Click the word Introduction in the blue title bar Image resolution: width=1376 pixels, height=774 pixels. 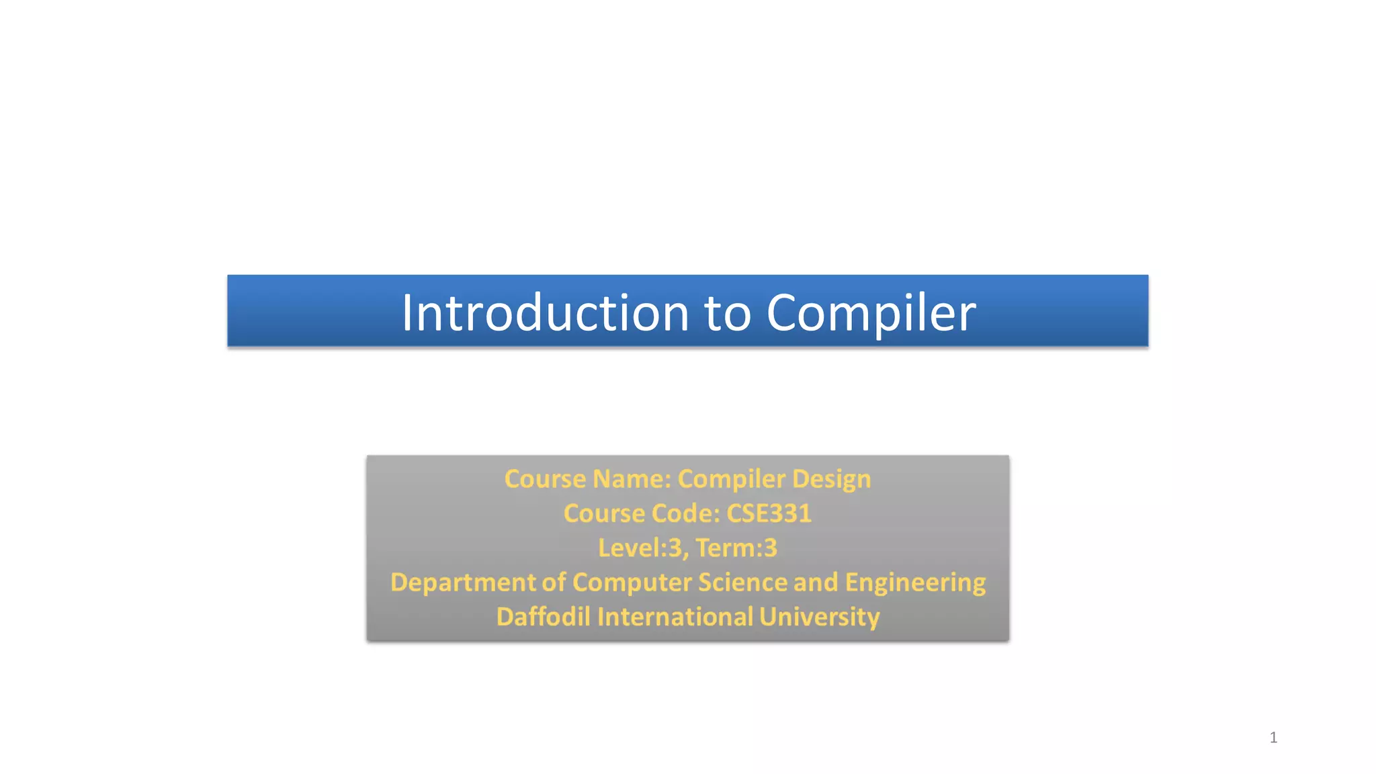click(545, 312)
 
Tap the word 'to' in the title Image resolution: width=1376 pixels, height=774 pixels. click(727, 314)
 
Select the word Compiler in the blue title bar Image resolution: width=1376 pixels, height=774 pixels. click(871, 314)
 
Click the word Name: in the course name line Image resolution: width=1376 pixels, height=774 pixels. click(632, 479)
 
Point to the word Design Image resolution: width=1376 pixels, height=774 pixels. click(831, 479)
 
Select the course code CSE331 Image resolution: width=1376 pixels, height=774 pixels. click(769, 513)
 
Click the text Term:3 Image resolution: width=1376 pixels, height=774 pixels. click(736, 548)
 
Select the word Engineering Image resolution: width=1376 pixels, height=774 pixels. click(915, 583)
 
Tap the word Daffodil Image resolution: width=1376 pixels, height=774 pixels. click(543, 617)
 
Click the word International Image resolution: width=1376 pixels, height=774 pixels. click(675, 617)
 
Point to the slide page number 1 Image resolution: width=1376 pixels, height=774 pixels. click(1273, 738)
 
